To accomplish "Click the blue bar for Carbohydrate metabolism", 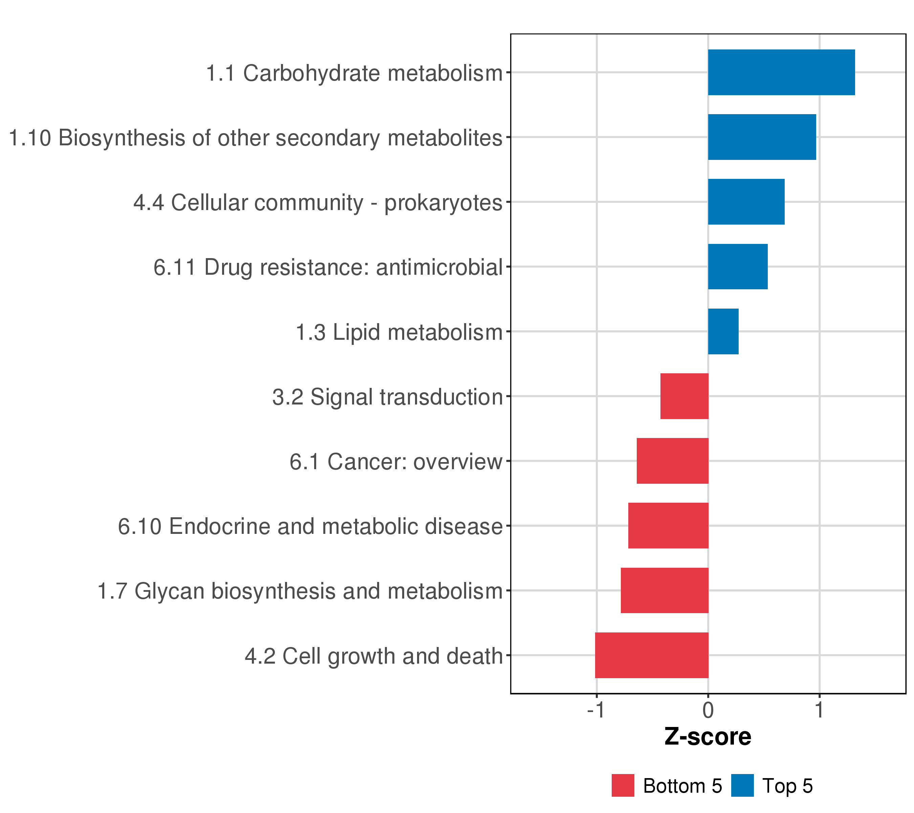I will click(x=781, y=72).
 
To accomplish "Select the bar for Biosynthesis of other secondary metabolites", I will click(x=762, y=137).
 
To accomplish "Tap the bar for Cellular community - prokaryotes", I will click(x=746, y=202).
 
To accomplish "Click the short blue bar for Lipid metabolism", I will click(x=723, y=332).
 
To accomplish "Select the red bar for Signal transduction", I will click(x=684, y=396).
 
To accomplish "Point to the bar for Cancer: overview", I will click(x=672, y=461).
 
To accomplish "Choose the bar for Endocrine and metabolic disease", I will click(x=668, y=526).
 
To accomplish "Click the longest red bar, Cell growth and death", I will click(x=652, y=655).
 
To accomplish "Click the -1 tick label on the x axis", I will click(x=596, y=711).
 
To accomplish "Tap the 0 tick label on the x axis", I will click(x=708, y=711).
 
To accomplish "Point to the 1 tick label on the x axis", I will click(x=819, y=711).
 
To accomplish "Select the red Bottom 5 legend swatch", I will click(x=623, y=786).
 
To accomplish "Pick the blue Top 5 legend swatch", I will click(x=742, y=786).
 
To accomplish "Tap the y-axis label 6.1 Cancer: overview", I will click(x=396, y=462).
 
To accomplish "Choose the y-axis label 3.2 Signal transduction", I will click(x=387, y=397).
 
